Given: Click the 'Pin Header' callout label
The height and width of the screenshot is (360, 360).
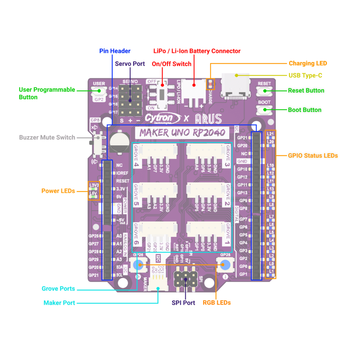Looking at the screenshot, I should coord(115,51).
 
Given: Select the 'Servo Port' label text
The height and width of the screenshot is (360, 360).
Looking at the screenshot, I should coord(130,64).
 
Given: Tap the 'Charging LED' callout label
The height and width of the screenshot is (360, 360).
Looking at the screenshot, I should coord(308,63).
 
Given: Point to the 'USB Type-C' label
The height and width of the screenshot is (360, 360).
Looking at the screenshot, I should coord(305,76).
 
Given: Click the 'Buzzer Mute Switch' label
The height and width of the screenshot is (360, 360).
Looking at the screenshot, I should coord(47,137).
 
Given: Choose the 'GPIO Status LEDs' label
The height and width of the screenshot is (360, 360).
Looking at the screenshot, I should coord(313,156).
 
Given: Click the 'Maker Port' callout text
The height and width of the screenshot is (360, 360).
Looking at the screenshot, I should coord(59,303).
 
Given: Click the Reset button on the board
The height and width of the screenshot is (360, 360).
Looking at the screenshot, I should coord(264,91).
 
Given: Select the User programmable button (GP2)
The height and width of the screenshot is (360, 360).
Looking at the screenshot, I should coord(99,91).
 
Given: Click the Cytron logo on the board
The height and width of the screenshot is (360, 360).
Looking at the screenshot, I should coord(162,118).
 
